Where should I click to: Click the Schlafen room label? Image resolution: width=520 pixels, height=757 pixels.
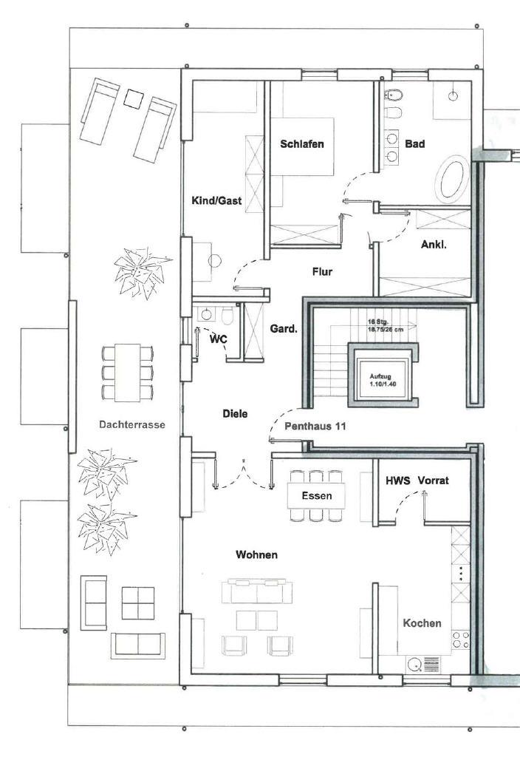pyautogui.click(x=301, y=144)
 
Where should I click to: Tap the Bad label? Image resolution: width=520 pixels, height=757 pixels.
pyautogui.click(x=414, y=144)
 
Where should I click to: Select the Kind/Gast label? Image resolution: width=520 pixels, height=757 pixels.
pyautogui.click(x=213, y=200)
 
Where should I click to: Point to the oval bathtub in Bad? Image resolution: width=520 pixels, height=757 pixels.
pyautogui.click(x=452, y=178)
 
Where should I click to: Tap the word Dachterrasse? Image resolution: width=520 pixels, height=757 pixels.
pyautogui.click(x=131, y=425)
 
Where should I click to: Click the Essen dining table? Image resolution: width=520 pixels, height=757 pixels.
pyautogui.click(x=316, y=495)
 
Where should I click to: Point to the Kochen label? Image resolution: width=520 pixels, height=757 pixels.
pyautogui.click(x=422, y=623)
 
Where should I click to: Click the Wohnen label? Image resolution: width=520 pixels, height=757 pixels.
pyautogui.click(x=256, y=554)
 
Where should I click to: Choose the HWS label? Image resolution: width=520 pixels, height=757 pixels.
pyautogui.click(x=397, y=481)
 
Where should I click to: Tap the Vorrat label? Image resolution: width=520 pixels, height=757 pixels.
pyautogui.click(x=433, y=481)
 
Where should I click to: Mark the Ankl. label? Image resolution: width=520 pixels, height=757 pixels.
pyautogui.click(x=434, y=245)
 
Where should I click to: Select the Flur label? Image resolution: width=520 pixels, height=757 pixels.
pyautogui.click(x=322, y=272)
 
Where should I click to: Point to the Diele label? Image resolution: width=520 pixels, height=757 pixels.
pyautogui.click(x=235, y=414)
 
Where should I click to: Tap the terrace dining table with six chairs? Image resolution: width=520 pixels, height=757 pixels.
pyautogui.click(x=128, y=372)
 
